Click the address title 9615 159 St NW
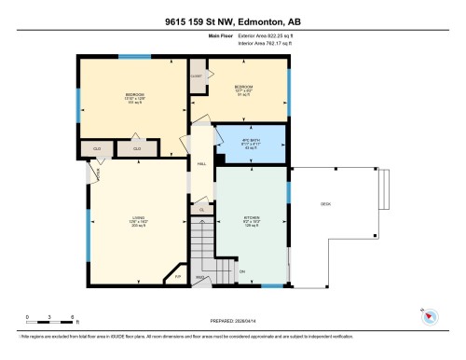tap(232, 21)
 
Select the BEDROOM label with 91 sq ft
tap(243, 90)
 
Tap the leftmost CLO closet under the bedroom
tap(96, 148)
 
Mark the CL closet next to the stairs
tap(202, 211)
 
